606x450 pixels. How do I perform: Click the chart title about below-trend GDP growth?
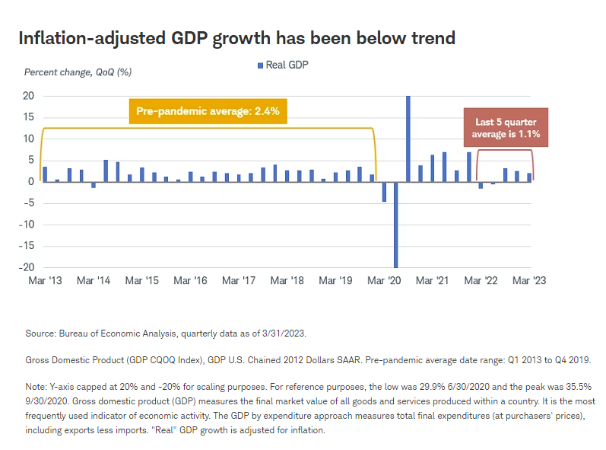point(236,37)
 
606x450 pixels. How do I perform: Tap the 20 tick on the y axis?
point(29,96)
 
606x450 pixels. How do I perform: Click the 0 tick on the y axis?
point(32,181)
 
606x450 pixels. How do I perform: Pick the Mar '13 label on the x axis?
point(46,280)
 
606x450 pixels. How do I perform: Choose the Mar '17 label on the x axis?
point(240,280)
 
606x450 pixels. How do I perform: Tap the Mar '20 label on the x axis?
point(385,280)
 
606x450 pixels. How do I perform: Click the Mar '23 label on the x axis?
point(528,280)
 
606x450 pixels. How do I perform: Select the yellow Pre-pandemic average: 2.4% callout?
point(208,111)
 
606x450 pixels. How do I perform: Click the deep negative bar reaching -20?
point(396,224)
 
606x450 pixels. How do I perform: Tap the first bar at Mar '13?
point(45,174)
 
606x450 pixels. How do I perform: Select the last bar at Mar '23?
point(529,177)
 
